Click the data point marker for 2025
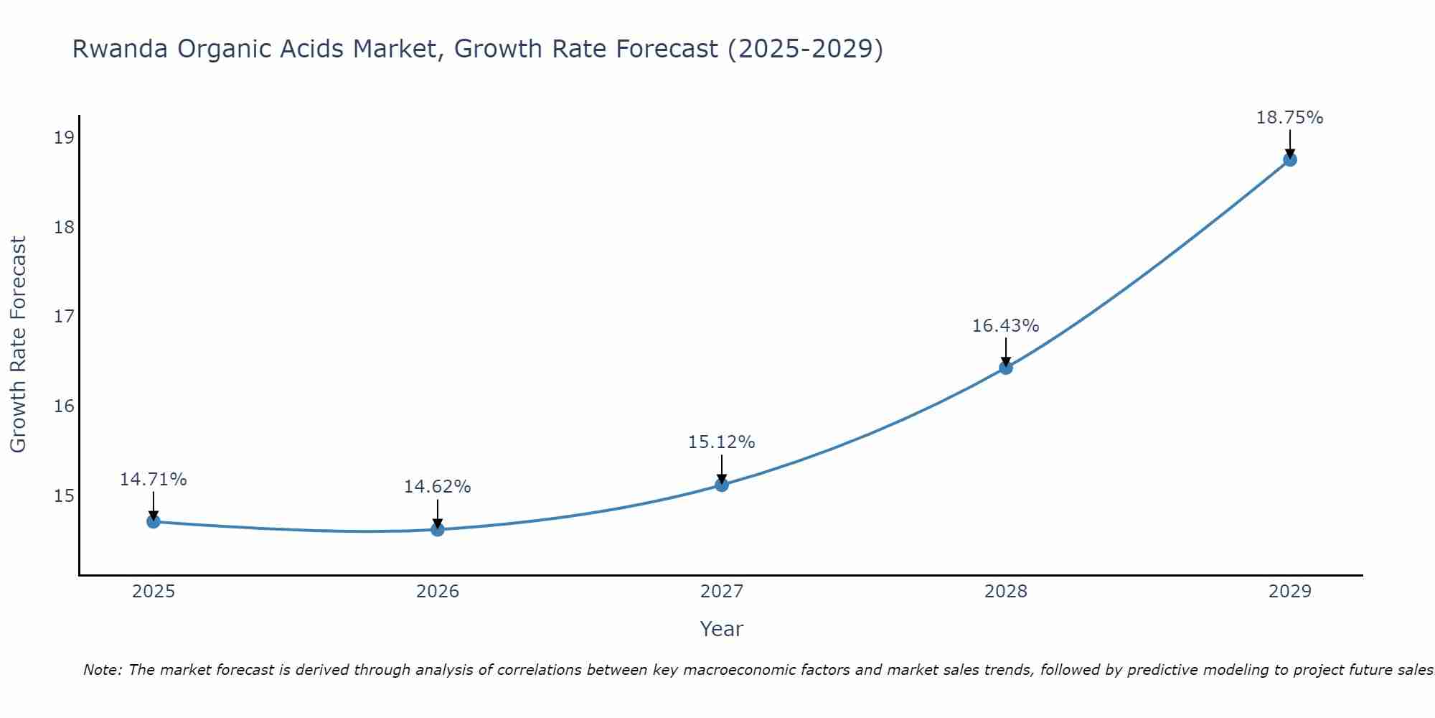153,521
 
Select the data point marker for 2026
438,530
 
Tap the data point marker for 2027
722,485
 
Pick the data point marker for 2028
1006,368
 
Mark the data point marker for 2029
1289,159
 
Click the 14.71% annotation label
153,480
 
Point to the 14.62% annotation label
437,487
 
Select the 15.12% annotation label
721,442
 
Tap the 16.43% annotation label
1005,326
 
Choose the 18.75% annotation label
1289,118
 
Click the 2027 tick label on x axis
722,592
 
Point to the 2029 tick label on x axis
1289,592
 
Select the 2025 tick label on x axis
154,592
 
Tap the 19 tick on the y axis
64,138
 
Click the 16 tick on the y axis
64,406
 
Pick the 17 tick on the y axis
64,317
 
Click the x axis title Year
721,629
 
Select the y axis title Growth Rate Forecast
18,345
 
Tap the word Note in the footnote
103,670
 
